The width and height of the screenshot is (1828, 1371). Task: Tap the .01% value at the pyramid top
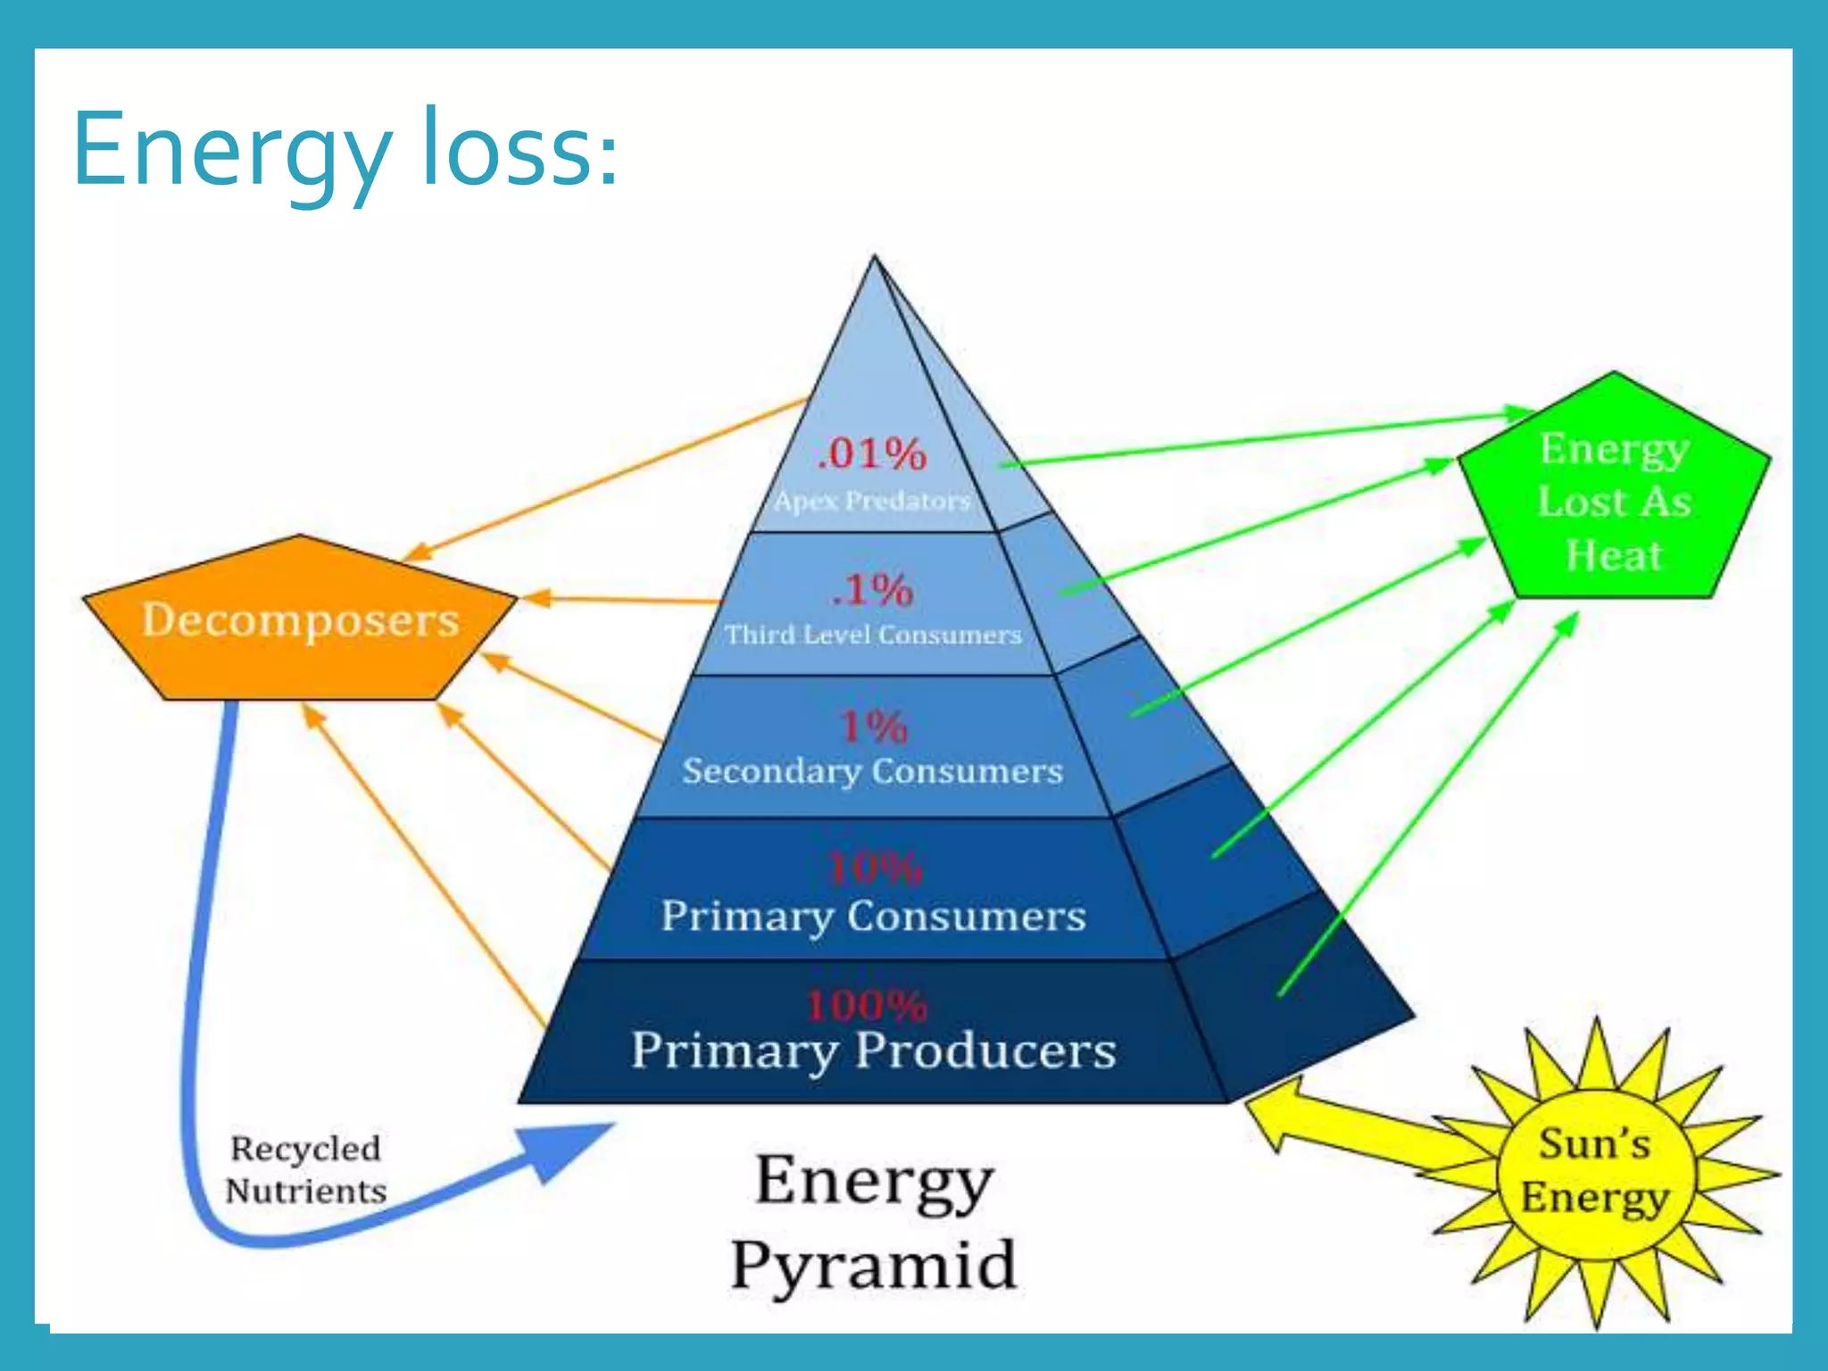(x=872, y=453)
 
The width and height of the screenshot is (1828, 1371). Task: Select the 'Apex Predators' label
(x=872, y=501)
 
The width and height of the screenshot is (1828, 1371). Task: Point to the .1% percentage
(x=872, y=590)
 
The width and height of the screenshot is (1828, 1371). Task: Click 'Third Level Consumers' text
(x=872, y=635)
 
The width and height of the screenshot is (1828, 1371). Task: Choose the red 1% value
(x=873, y=727)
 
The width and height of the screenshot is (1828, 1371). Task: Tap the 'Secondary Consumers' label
(x=872, y=771)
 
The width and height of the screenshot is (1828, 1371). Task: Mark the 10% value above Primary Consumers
(x=873, y=868)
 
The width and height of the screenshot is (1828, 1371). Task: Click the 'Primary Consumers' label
(x=873, y=917)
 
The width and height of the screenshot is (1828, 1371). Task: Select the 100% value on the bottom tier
(x=866, y=1006)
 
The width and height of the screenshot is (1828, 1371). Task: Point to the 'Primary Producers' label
(x=873, y=1051)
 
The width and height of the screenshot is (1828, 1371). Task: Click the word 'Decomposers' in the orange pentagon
(x=300, y=619)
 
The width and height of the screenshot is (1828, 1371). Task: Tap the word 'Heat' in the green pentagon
(x=1614, y=555)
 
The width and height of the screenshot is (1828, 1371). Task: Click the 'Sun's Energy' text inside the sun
(x=1594, y=1170)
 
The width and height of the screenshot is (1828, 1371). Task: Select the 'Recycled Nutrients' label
(x=305, y=1169)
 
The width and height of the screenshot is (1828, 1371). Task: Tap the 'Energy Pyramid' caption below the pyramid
(x=873, y=1223)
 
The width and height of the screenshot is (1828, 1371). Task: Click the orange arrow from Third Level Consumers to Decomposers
(x=625, y=600)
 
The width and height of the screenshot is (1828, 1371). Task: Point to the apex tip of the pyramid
(x=875, y=260)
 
